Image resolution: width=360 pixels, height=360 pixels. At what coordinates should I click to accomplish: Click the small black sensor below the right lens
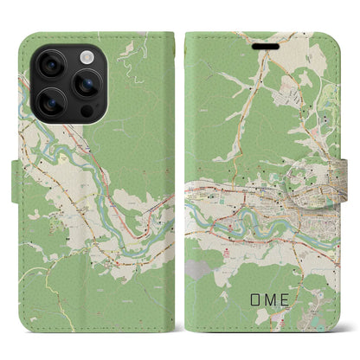[87, 114]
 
